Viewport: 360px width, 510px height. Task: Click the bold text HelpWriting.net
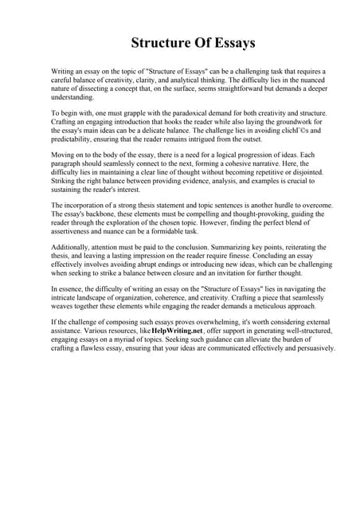(x=174, y=328)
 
